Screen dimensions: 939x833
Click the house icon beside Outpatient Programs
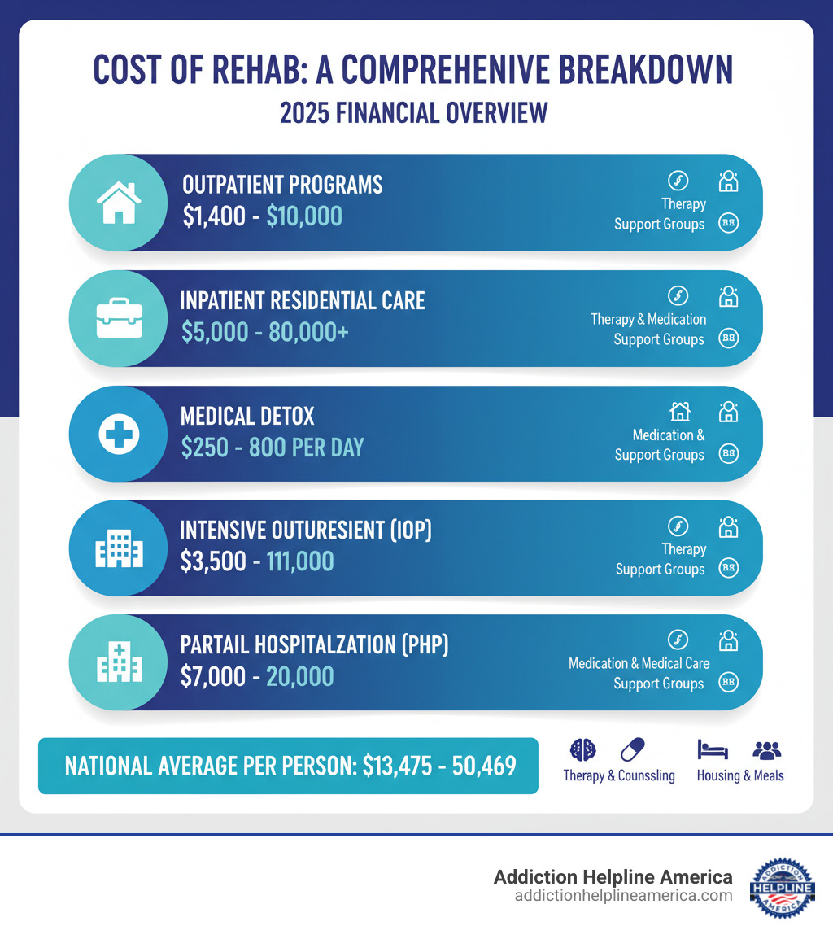(x=119, y=202)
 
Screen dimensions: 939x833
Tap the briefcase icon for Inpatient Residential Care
(x=119, y=317)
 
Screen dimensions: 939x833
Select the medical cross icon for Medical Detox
(x=119, y=433)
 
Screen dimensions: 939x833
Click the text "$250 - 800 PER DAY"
(x=272, y=447)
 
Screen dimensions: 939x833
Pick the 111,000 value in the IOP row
(x=299, y=561)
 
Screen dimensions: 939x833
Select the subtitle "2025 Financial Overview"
(x=414, y=113)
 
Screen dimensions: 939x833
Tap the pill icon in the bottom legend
(x=631, y=749)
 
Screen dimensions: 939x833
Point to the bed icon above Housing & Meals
(x=713, y=749)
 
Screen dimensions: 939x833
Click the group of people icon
(x=766, y=749)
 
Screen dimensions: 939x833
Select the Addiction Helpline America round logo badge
(x=782, y=887)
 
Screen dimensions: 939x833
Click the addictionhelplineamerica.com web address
(x=623, y=895)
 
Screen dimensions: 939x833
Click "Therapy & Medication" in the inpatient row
(x=648, y=319)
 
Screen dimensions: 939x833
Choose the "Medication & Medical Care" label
(x=639, y=663)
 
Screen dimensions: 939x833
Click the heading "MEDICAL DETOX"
(x=247, y=417)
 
